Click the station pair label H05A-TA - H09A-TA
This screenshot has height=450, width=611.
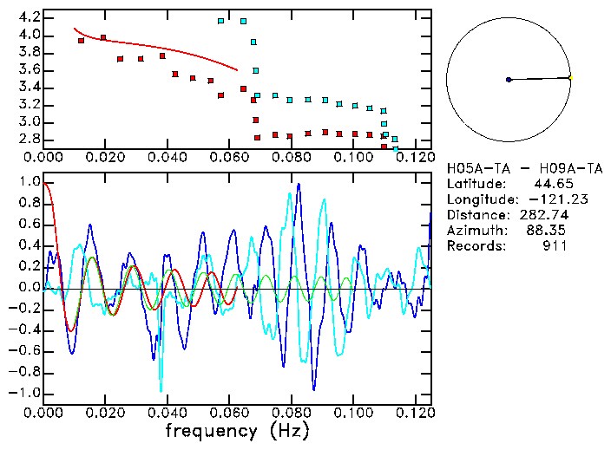[507, 168]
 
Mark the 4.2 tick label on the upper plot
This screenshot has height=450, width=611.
[29, 17]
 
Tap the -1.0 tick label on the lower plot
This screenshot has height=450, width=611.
[25, 393]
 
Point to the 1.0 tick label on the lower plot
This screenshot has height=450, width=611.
[29, 183]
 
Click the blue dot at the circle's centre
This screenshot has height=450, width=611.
[509, 80]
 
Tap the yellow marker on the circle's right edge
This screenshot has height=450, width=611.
[570, 78]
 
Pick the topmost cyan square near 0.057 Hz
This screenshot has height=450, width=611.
[221, 21]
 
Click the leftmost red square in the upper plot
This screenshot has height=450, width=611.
[81, 41]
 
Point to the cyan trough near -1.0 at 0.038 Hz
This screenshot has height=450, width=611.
[161, 389]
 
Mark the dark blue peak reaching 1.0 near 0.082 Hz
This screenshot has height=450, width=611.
[299, 185]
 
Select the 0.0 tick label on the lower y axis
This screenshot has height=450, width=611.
[29, 288]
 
